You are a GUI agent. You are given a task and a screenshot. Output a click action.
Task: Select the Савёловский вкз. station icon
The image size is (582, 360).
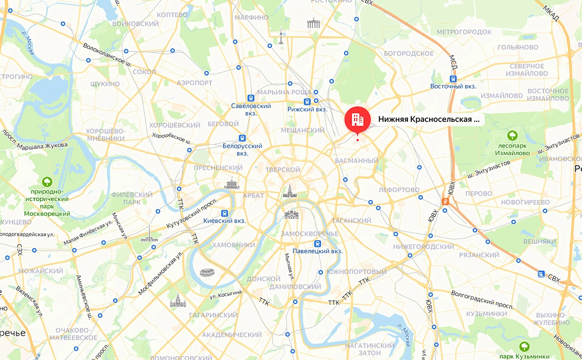250,97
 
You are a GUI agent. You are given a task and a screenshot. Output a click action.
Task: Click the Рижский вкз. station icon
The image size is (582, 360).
307,102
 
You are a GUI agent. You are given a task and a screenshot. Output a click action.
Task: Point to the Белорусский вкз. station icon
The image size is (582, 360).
242,138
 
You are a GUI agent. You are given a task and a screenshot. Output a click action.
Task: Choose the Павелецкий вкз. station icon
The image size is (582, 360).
317,244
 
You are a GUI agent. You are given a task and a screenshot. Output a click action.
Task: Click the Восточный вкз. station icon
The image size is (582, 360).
453,78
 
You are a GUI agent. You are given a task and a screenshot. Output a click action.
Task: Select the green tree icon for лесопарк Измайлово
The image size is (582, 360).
512,134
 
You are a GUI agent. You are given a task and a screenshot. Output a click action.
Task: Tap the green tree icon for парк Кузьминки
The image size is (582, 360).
524,346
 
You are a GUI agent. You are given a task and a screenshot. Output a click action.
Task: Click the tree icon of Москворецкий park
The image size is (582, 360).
48,181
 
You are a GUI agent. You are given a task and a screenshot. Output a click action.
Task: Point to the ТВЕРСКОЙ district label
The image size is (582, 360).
283,170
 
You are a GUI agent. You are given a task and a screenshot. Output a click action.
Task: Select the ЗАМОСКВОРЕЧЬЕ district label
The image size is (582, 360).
309,234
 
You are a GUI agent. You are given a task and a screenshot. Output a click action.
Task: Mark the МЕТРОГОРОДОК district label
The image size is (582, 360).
464,32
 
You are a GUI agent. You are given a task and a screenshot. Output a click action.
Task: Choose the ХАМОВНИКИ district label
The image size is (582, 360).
233,245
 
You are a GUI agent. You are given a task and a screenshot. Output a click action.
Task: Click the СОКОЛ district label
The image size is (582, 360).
144,72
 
